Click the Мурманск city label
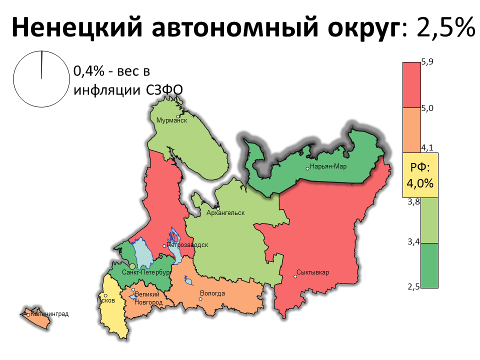point(171,120)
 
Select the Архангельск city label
point(225,213)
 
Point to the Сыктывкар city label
point(313,272)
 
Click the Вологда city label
point(212,293)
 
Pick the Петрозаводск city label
point(187,245)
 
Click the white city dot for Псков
point(105,295)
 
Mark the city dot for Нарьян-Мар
point(307,168)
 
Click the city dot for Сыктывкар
point(295,276)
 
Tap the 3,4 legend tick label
point(413,242)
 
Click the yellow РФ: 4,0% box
point(420,175)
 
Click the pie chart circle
point(41,79)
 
